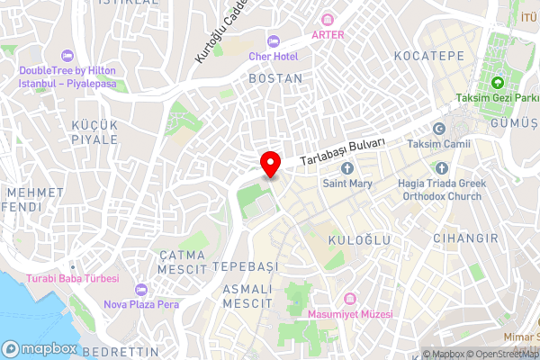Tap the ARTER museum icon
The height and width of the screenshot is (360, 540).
coord(328,20)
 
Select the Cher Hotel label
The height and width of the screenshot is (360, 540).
coord(273,56)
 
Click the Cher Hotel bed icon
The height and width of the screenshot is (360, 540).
coord(273,40)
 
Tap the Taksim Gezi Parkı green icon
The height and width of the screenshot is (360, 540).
coord(497,58)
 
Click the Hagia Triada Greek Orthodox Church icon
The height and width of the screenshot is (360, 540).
coord(441,168)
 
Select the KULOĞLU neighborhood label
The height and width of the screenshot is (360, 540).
coord(358,240)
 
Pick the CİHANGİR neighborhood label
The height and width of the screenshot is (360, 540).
coord(465,238)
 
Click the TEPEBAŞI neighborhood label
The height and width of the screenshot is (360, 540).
coord(246,267)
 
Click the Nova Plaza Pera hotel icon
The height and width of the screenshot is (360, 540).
coord(139,289)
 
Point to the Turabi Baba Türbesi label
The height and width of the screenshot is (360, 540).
coord(73,279)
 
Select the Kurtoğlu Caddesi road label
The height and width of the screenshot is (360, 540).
coord(220,34)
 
